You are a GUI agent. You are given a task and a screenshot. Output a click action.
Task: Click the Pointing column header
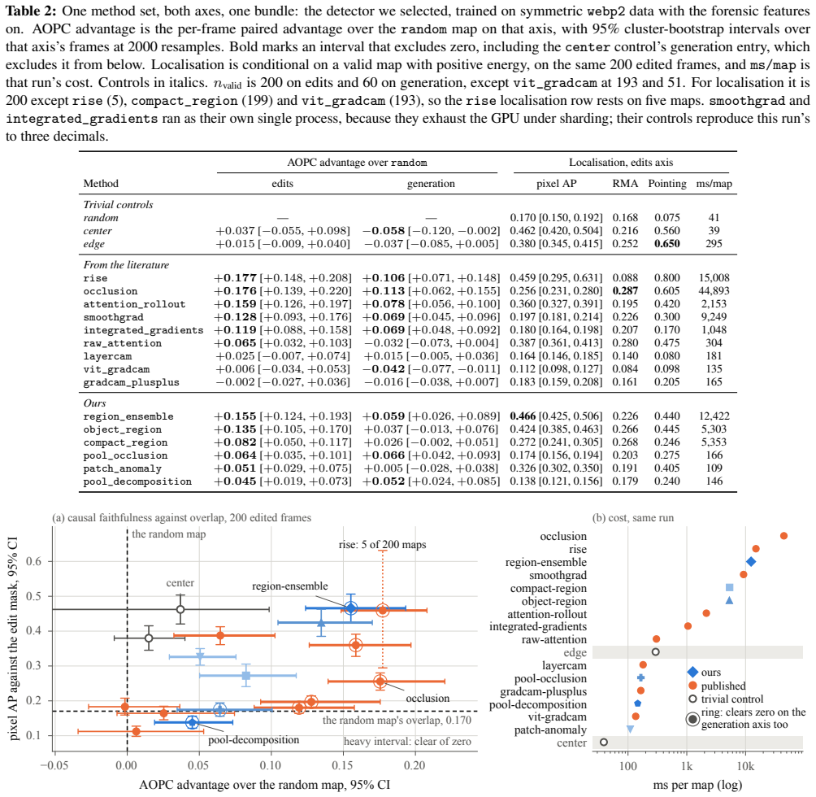667,184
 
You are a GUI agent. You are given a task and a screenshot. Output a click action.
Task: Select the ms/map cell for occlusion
714,291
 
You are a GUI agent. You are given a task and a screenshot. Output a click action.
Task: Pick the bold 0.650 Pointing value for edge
667,244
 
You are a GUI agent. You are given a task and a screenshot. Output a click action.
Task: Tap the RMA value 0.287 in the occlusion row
625,291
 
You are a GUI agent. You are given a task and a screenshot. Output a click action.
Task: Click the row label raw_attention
122,343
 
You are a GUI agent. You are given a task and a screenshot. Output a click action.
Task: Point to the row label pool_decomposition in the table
137,482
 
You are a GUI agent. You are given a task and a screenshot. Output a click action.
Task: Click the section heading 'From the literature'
127,265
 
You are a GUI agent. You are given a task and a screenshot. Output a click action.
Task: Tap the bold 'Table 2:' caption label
31,11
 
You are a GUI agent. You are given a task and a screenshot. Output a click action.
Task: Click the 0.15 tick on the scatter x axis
343,765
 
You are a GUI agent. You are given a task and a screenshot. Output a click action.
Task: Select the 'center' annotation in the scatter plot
180,583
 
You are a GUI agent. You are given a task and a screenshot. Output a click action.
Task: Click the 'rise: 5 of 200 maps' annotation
383,545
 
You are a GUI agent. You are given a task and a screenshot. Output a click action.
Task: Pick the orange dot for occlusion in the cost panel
783,536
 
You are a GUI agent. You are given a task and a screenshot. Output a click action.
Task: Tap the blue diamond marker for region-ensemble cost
751,562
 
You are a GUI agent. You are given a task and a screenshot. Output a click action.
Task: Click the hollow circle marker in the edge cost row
656,651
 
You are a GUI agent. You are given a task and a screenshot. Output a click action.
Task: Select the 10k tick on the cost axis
745,766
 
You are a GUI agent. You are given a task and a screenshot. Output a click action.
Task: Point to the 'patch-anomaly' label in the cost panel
550,730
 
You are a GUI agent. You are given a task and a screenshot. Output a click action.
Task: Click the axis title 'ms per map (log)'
698,785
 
